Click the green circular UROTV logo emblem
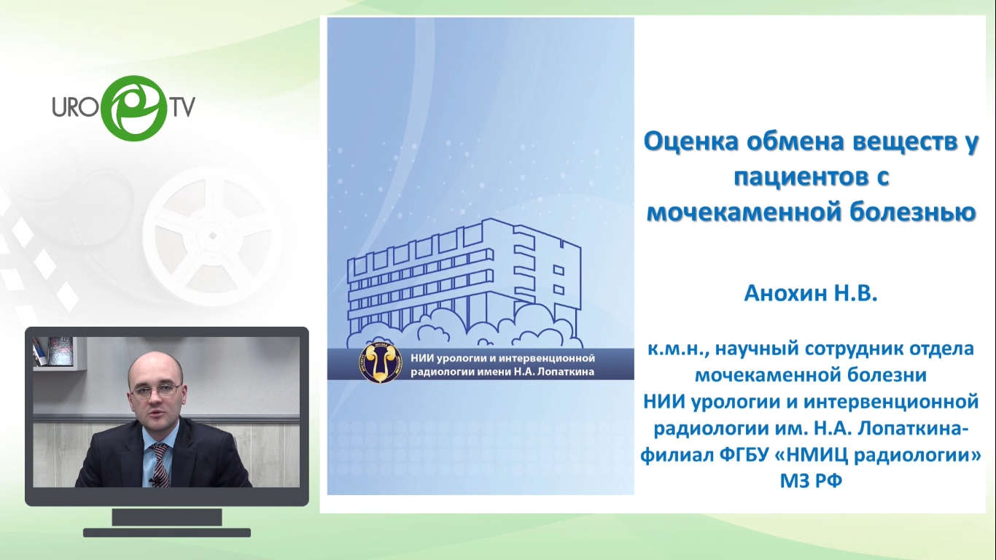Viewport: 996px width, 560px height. click(134, 108)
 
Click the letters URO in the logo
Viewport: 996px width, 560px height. click(74, 106)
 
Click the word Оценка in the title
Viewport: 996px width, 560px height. click(691, 142)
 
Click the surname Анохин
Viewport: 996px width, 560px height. click(782, 293)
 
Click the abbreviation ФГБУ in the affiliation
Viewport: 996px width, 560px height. click(744, 455)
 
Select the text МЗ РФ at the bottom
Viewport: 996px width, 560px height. click(811, 481)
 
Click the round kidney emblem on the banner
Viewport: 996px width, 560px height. click(380, 362)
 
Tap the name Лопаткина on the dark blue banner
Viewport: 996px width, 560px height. click(566, 372)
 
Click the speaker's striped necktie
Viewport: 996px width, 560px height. click(160, 464)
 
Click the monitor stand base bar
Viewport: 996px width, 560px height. click(167, 532)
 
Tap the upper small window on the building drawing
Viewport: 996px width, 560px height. click(559, 270)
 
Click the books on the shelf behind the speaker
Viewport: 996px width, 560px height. click(53, 351)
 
